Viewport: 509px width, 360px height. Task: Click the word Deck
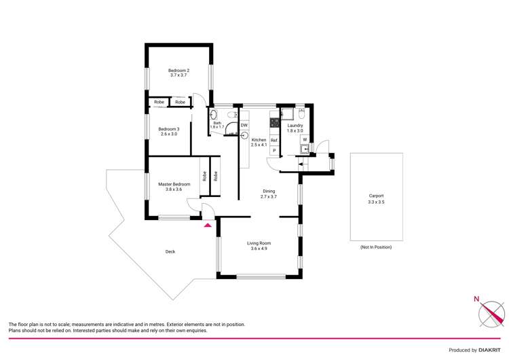click(x=170, y=251)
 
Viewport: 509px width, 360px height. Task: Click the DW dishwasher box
click(x=244, y=125)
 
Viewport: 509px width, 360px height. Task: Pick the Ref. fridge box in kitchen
click(x=274, y=140)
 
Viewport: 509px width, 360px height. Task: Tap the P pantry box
click(x=274, y=151)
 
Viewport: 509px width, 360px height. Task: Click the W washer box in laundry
click(x=305, y=140)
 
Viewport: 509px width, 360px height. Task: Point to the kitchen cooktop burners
click(x=275, y=124)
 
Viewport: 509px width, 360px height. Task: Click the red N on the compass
click(x=476, y=299)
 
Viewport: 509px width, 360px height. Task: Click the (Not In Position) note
click(x=376, y=247)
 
